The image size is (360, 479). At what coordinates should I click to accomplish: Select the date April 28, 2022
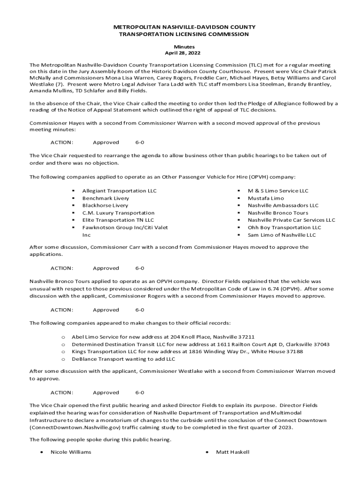click(181, 54)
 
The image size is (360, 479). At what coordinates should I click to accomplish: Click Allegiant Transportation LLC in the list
click(119, 191)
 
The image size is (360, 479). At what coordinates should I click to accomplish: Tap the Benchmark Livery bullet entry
click(106, 198)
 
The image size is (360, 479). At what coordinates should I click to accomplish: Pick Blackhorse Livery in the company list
click(105, 205)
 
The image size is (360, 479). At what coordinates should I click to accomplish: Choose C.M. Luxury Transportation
click(118, 213)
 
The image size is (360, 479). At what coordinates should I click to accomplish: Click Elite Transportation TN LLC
click(118, 220)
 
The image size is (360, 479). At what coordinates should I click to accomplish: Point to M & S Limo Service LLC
click(278, 191)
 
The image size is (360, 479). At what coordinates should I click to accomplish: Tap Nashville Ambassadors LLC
click(283, 205)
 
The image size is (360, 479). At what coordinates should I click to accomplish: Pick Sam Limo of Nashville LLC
click(281, 235)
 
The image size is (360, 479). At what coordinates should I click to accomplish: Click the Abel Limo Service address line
click(163, 337)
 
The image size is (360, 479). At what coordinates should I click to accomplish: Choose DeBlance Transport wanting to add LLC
click(123, 359)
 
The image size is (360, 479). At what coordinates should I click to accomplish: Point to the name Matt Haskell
click(232, 452)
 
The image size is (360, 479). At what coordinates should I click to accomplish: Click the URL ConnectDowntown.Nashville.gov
click(72, 428)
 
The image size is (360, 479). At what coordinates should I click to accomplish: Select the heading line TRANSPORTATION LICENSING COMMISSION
click(181, 35)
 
